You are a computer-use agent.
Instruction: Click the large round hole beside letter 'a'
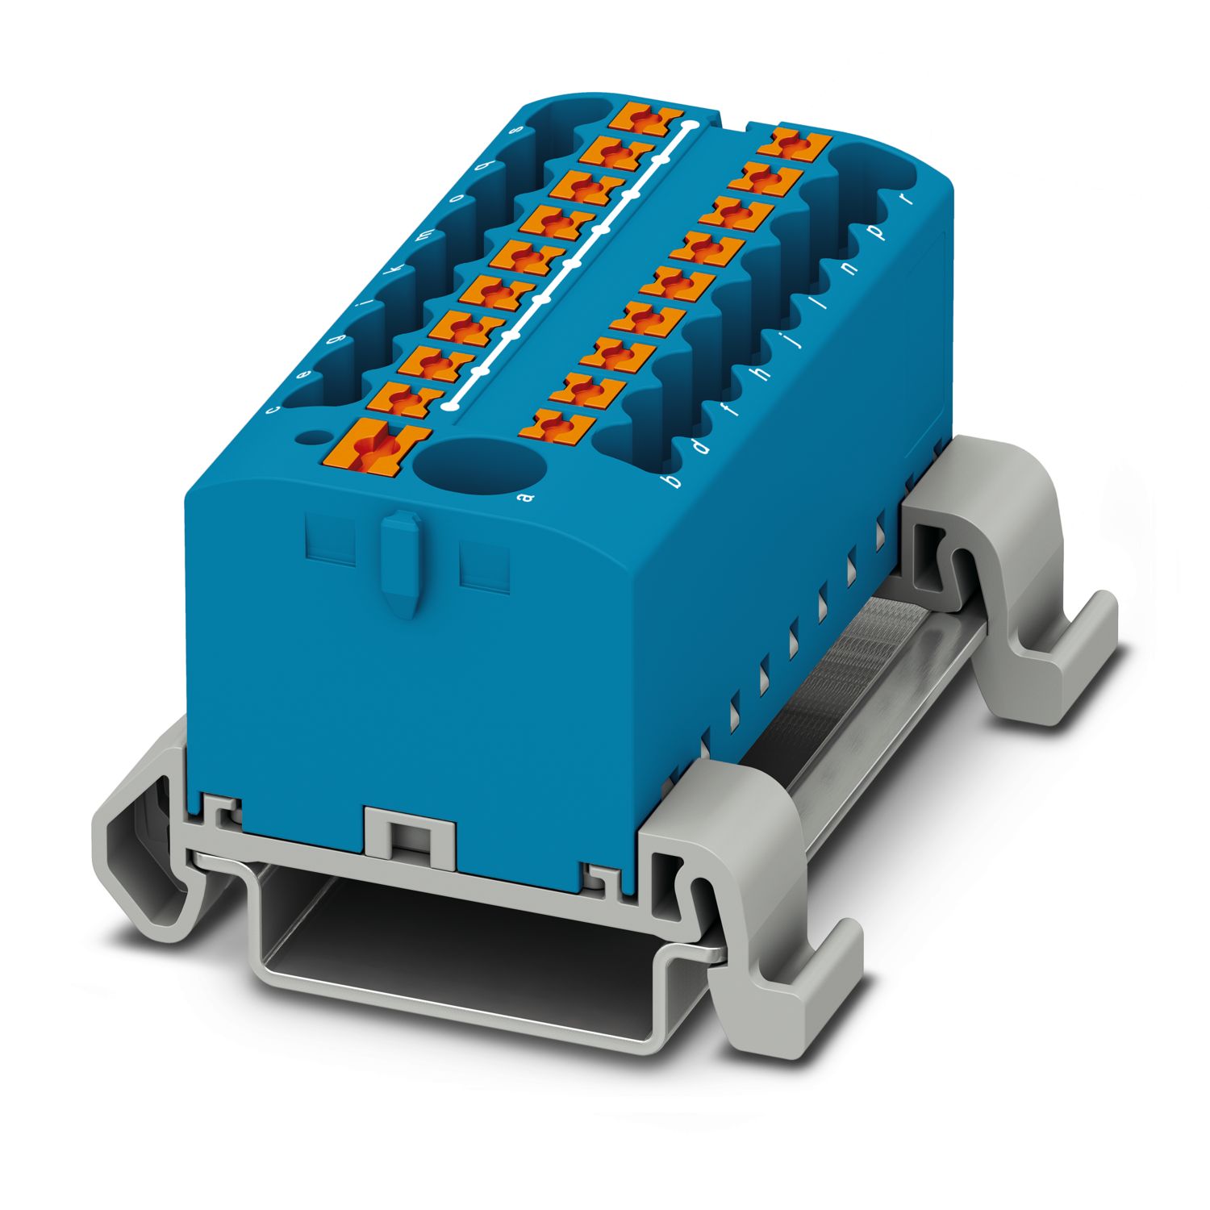tap(479, 465)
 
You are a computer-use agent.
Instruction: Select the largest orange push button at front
tap(376, 445)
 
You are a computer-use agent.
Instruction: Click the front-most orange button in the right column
tap(557, 424)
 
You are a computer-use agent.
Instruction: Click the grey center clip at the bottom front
tap(410, 835)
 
